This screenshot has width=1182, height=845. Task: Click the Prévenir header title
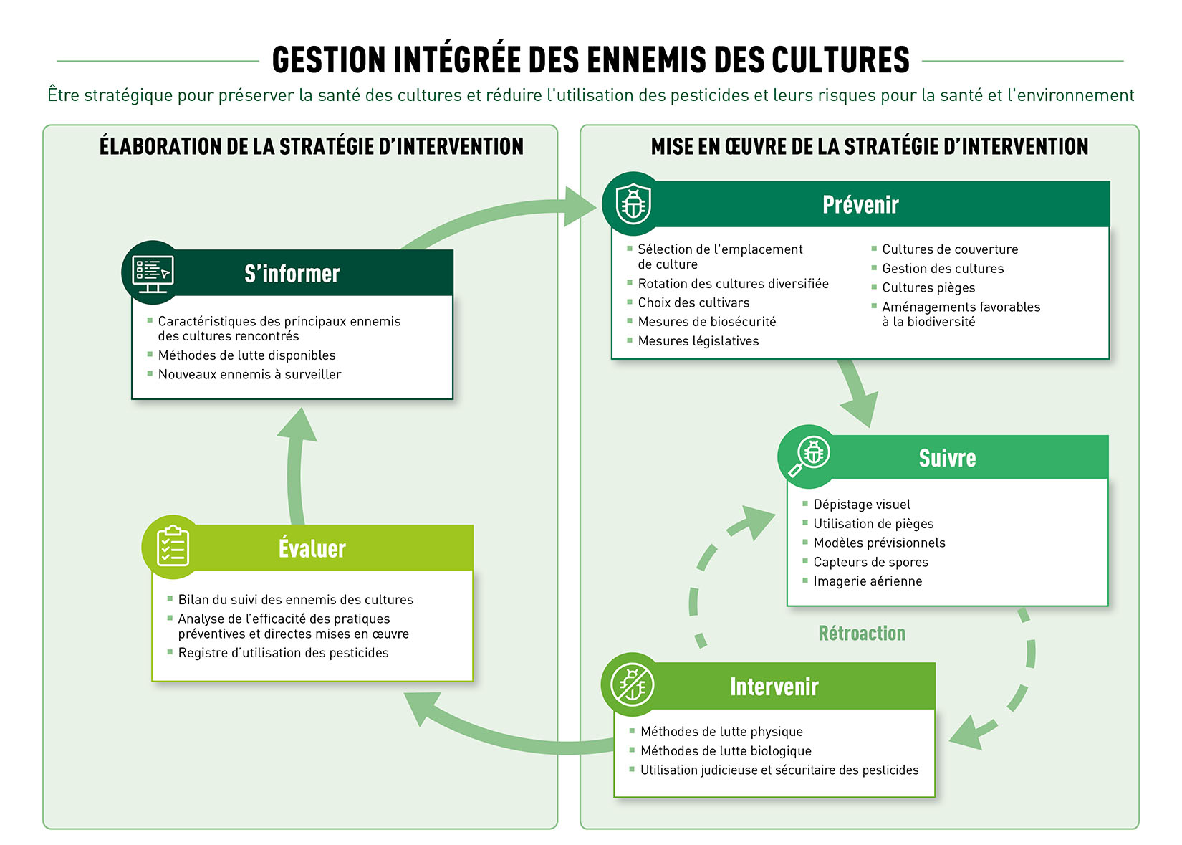click(860, 205)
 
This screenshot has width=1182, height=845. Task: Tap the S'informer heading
click(292, 273)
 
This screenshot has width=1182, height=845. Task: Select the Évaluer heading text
click(312, 548)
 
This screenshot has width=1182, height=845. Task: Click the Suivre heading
click(947, 458)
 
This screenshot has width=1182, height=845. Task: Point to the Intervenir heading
click(774, 687)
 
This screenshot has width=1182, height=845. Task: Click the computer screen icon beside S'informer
click(153, 274)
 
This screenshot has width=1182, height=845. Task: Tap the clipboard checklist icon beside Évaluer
click(173, 546)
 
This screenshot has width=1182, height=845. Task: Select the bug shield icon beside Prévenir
click(633, 204)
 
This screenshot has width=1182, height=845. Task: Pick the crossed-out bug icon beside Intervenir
click(632, 684)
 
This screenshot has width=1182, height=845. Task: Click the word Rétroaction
click(862, 634)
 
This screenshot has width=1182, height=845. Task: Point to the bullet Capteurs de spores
click(870, 562)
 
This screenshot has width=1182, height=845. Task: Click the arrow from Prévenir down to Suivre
click(857, 391)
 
